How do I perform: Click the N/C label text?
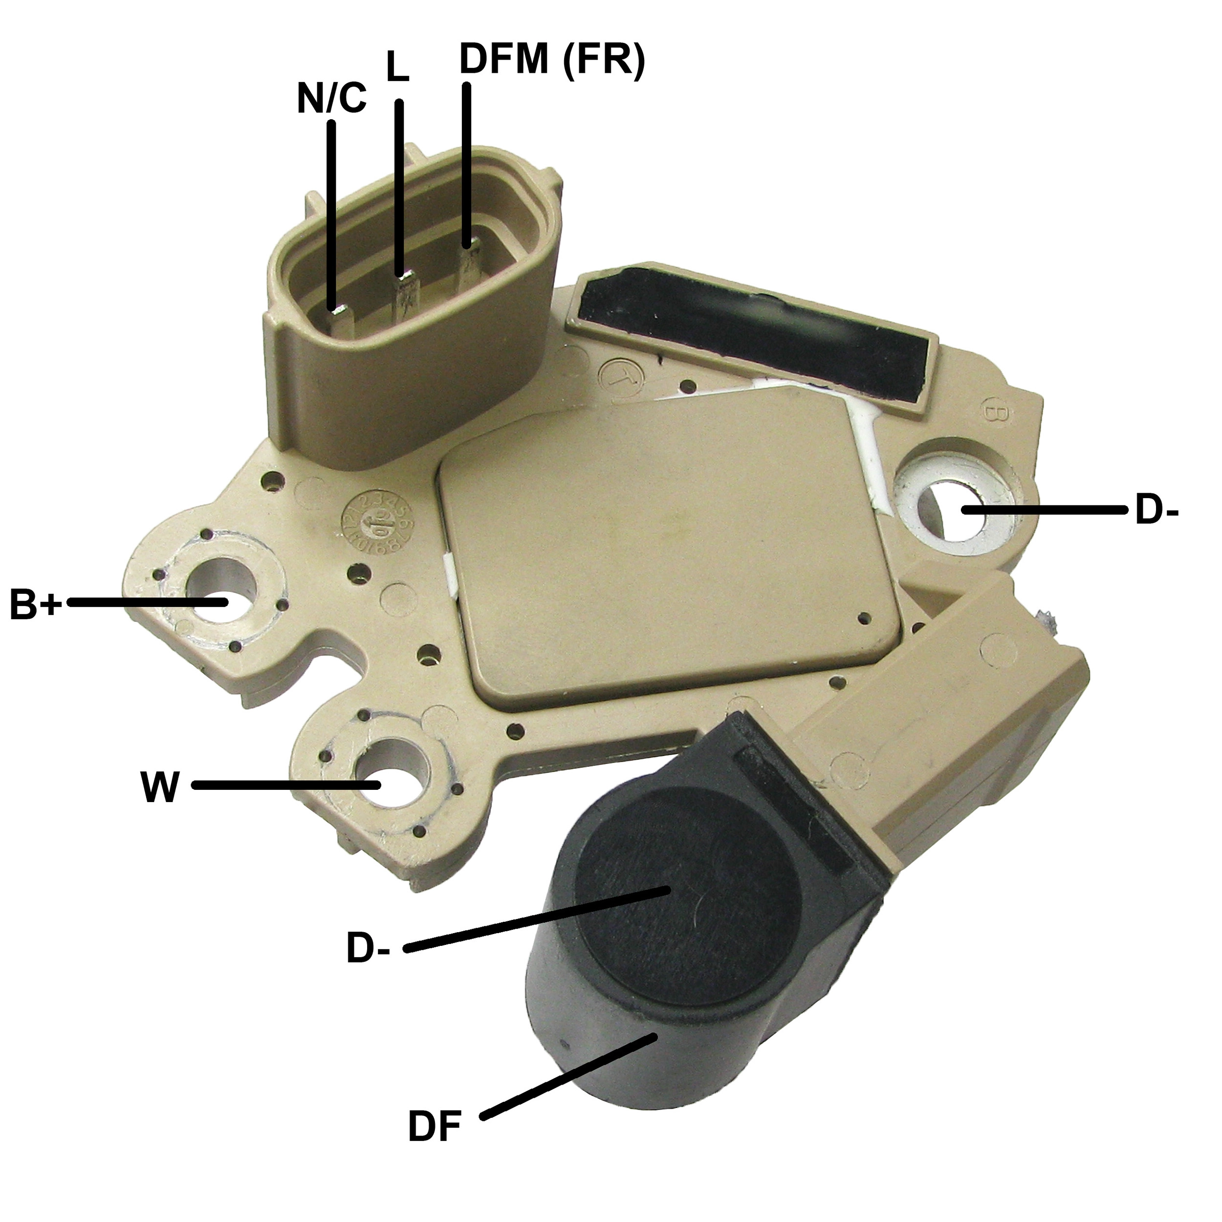coord(331,99)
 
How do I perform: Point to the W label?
coord(159,786)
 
